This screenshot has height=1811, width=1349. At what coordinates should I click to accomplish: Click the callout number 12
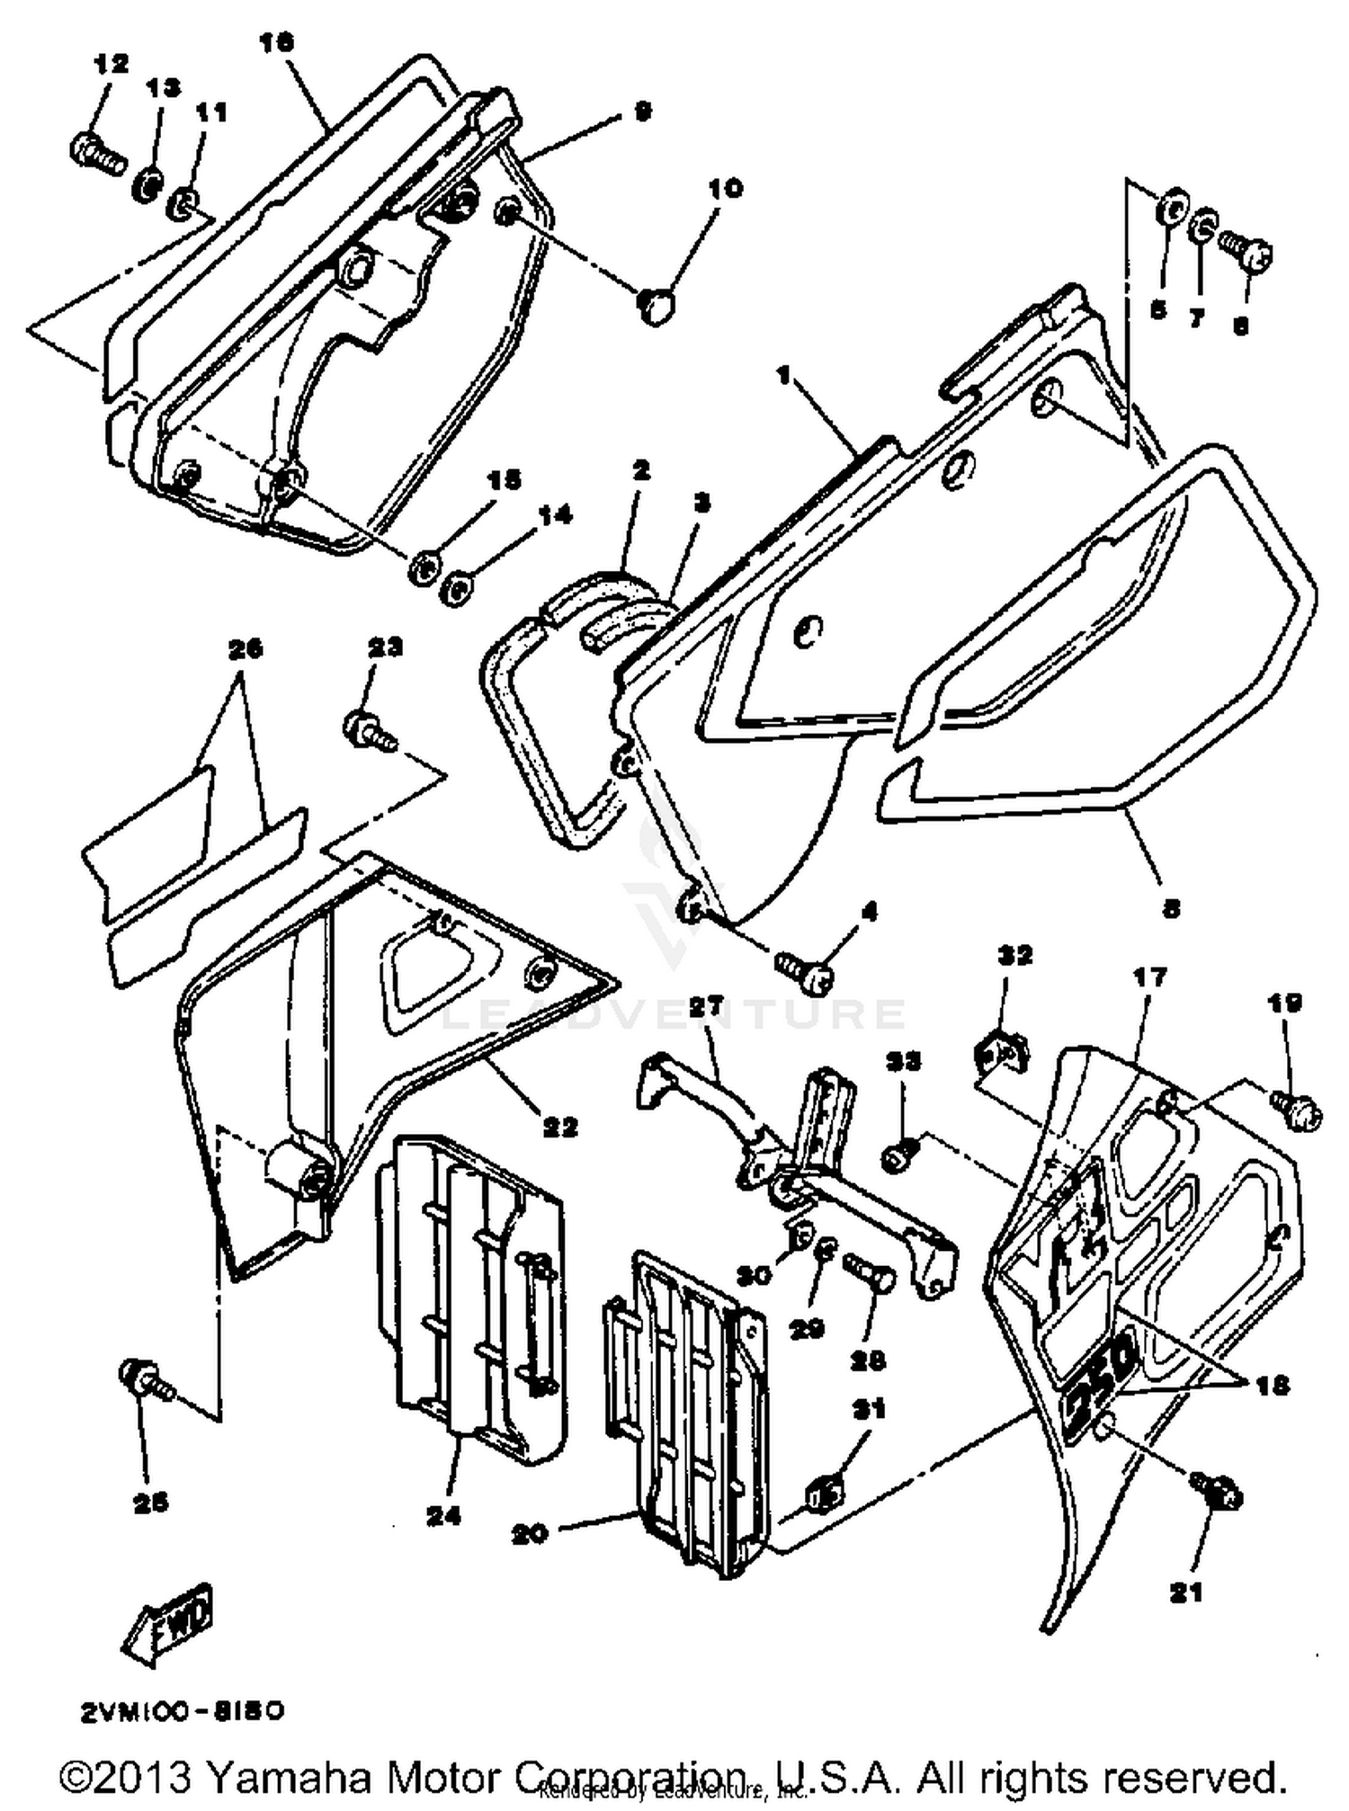111,64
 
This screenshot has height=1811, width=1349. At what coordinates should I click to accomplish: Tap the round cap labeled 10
657,307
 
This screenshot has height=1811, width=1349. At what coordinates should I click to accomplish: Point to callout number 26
246,647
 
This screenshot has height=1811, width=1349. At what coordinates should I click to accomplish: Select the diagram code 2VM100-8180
183,1710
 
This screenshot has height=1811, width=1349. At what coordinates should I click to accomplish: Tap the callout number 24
444,1516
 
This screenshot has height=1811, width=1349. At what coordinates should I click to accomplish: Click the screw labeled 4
805,971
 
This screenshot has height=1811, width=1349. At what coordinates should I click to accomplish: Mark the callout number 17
1150,977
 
